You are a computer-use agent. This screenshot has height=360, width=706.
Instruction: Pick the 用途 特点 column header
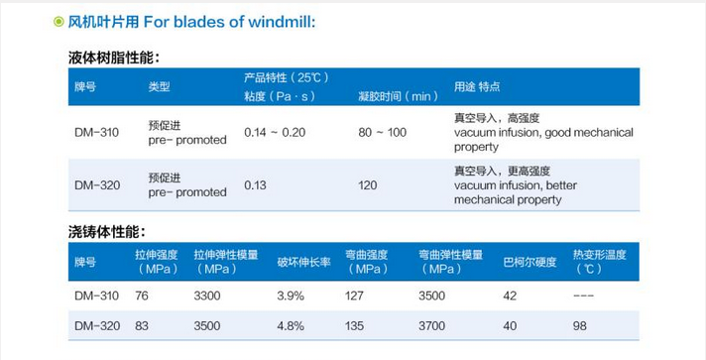pos(476,86)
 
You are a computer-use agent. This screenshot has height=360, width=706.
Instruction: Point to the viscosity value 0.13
pos(256,184)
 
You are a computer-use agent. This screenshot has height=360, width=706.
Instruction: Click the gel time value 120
pos(368,184)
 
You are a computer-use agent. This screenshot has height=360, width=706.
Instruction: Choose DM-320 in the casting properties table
pos(95,325)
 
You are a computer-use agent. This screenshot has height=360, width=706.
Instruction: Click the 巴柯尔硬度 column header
pos(528,262)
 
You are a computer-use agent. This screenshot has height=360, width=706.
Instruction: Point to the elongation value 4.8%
pos(290,325)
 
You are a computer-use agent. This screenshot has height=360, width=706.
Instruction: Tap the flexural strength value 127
pos(355,296)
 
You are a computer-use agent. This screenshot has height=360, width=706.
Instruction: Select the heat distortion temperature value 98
pos(581,325)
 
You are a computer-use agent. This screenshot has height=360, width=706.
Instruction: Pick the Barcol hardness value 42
pos(511,296)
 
